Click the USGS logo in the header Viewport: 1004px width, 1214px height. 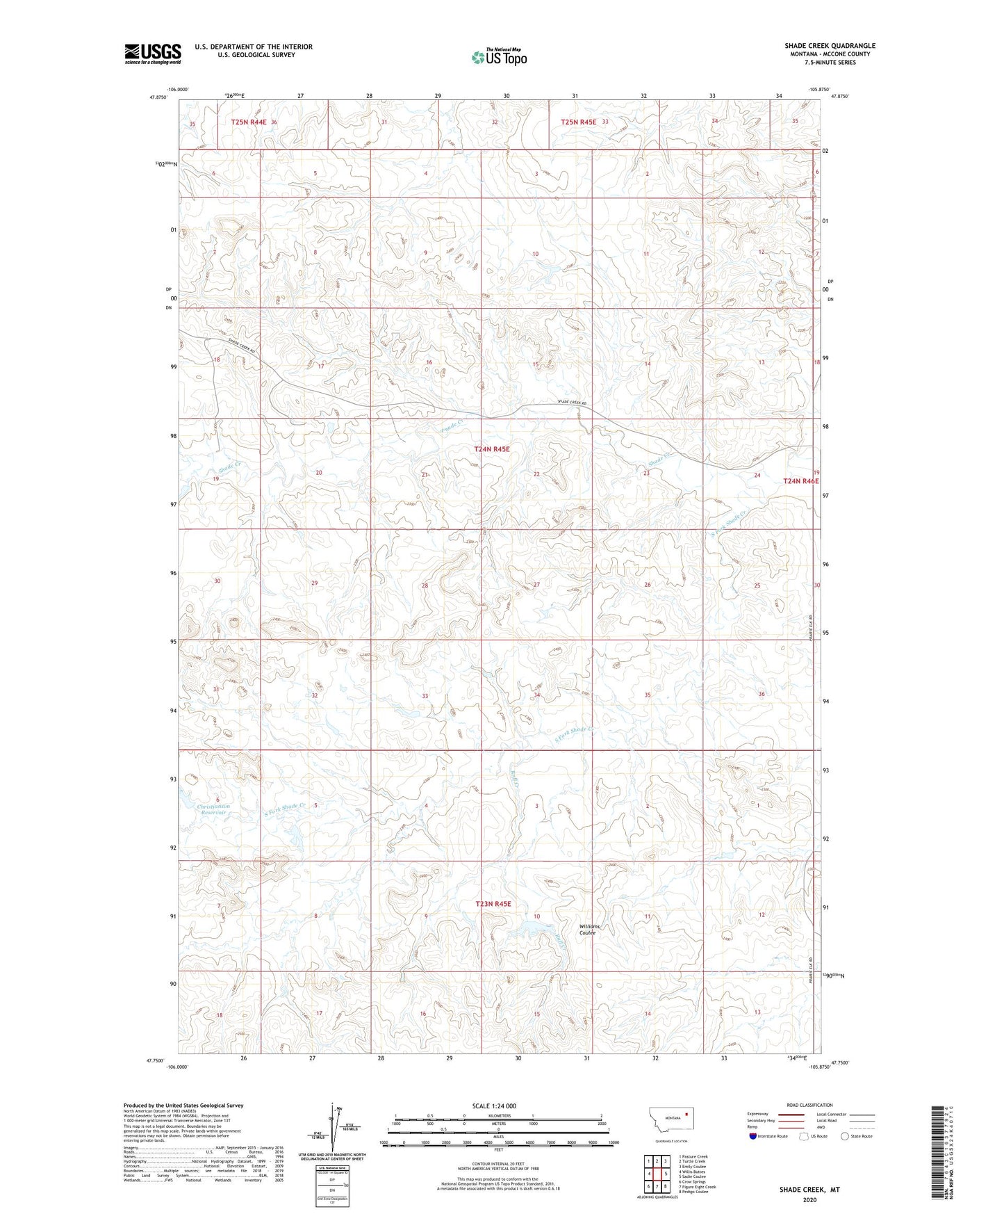(153, 54)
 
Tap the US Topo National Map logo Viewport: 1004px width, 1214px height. (498, 57)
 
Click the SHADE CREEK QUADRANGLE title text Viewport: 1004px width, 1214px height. (830, 46)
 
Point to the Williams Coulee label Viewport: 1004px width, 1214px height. (590, 930)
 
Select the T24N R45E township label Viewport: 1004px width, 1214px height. (491, 449)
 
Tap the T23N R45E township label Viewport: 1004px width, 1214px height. (493, 904)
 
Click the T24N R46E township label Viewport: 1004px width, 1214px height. (800, 481)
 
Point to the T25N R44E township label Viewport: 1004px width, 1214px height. (249, 122)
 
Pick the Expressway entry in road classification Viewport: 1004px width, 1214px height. (757, 1114)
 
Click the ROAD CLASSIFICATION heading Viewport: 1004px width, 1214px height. (809, 1105)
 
